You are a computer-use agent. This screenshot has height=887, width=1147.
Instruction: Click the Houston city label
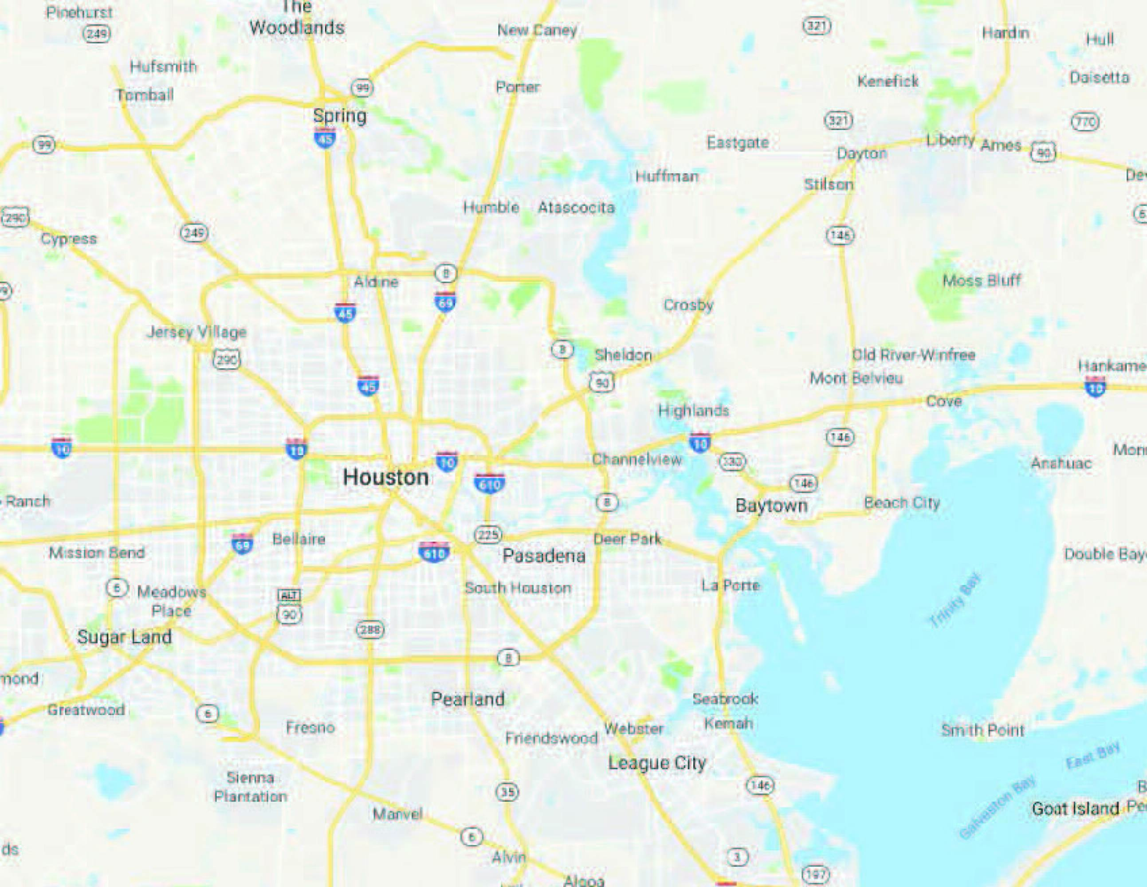coord(385,477)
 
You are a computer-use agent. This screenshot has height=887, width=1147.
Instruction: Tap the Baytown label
coord(771,506)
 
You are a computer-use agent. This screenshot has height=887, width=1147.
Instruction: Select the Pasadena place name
coord(544,556)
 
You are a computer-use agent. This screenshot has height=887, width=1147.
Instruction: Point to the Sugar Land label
coord(125,637)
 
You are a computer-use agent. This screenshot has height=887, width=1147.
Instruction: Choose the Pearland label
coord(467,699)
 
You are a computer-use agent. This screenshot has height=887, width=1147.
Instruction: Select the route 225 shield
coord(488,535)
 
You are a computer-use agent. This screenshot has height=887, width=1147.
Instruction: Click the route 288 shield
coord(370,629)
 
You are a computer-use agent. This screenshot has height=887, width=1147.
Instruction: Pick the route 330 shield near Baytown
coord(731,462)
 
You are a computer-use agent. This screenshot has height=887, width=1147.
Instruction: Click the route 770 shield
coord(1084,122)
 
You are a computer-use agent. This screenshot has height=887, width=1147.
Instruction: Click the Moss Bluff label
coord(982,280)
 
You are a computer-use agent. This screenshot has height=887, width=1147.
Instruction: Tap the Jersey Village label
coord(196,332)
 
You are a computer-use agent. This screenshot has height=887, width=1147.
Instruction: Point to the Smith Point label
coord(982,730)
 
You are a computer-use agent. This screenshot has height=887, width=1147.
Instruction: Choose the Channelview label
coord(636,459)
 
